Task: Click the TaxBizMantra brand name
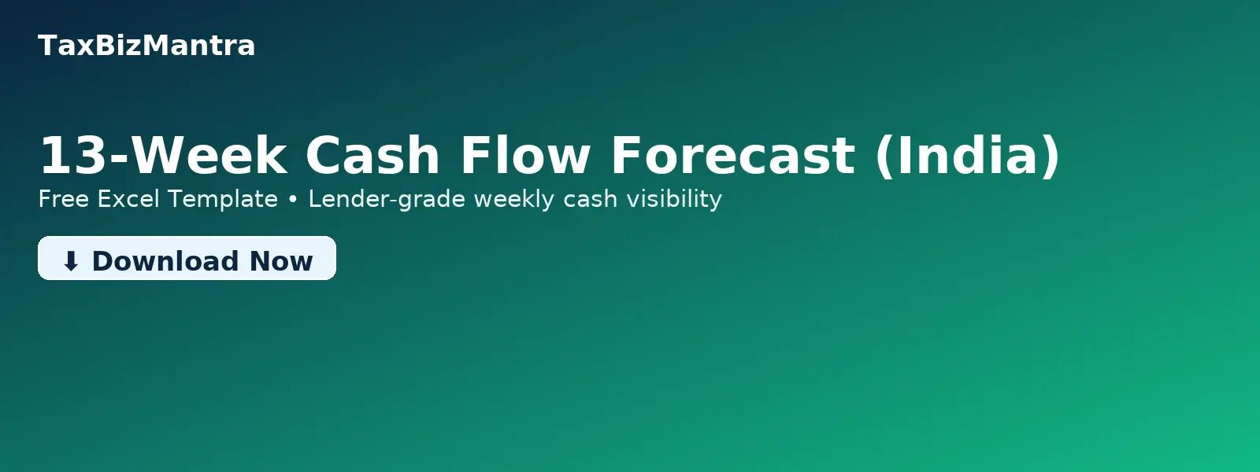146,46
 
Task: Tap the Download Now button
187,259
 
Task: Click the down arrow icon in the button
71,261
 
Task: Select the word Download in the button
165,261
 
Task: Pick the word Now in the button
281,261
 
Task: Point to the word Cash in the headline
372,155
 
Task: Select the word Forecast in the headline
732,155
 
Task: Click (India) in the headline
968,155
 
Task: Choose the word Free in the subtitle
64,199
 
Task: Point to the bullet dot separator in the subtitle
293,200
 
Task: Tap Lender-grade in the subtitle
387,199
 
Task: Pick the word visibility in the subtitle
674,199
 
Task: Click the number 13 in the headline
72,155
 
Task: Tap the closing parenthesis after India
1051,155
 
